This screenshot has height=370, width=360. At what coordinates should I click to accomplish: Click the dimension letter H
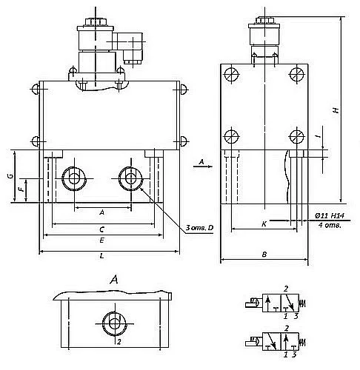coord(336,110)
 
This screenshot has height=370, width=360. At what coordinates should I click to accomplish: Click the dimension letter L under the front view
coord(102,256)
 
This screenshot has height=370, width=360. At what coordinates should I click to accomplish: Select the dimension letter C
coord(102,229)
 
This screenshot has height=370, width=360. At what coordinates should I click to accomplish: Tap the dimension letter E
coord(102,240)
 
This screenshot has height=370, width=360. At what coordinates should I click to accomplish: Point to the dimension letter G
coord(10,176)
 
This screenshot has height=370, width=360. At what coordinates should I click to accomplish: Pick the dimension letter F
coord(21,189)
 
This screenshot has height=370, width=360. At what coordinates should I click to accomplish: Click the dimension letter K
coord(264,224)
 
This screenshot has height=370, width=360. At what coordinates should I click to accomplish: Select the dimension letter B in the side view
coord(264,255)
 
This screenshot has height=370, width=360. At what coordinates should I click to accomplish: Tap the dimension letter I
coord(319,135)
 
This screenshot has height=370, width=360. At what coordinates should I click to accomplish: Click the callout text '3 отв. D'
coord(199,228)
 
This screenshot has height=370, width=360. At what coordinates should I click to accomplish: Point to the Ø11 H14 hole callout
coord(330,216)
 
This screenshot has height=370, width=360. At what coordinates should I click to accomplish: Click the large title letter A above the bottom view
coord(114,280)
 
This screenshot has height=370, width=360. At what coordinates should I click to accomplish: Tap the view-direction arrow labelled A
coord(203,166)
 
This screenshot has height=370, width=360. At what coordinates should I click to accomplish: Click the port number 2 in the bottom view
coord(119,342)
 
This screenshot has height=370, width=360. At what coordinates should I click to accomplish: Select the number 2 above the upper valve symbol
coord(286,289)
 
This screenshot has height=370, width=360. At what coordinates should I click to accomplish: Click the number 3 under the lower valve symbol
coord(294,354)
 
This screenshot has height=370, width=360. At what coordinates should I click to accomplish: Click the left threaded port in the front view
coord(74,178)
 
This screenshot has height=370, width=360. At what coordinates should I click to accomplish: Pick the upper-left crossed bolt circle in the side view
coord(232,74)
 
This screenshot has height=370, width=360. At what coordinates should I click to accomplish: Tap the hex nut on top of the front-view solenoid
coord(96,21)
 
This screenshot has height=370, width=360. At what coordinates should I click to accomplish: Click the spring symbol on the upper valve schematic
coord(303,303)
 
